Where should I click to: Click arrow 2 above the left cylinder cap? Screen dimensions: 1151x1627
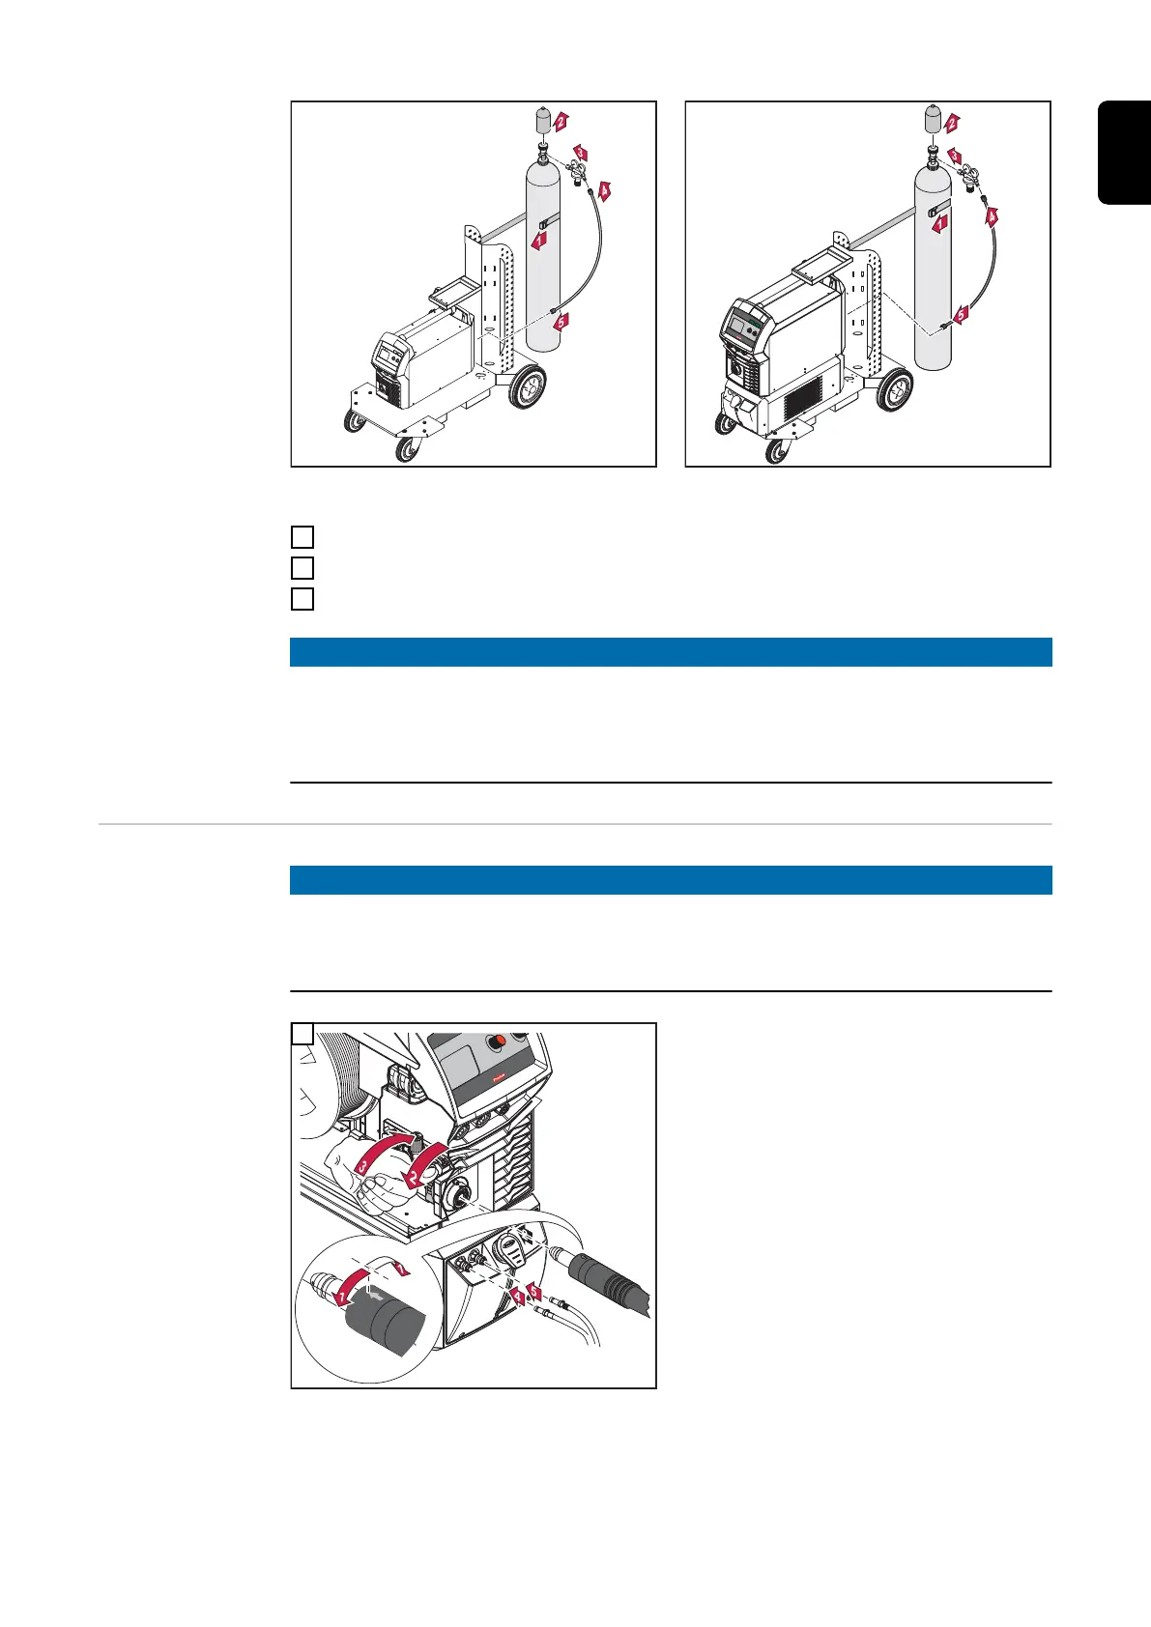(x=561, y=122)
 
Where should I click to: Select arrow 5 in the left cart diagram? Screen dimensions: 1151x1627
(x=561, y=322)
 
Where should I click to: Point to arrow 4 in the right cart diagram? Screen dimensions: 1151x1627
(x=991, y=217)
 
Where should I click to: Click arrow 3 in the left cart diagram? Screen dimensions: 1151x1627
(x=580, y=153)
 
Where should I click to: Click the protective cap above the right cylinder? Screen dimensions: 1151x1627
(x=932, y=121)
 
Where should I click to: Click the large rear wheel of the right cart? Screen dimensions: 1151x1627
(x=894, y=390)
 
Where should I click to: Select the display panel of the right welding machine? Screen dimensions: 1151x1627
(x=744, y=328)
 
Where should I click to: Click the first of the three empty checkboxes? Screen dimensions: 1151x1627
(x=302, y=536)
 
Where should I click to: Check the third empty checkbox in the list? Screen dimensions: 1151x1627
(x=302, y=598)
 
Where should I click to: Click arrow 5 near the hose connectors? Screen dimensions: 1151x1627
(x=534, y=1291)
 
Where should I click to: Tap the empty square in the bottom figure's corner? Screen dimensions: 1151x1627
(x=302, y=1034)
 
